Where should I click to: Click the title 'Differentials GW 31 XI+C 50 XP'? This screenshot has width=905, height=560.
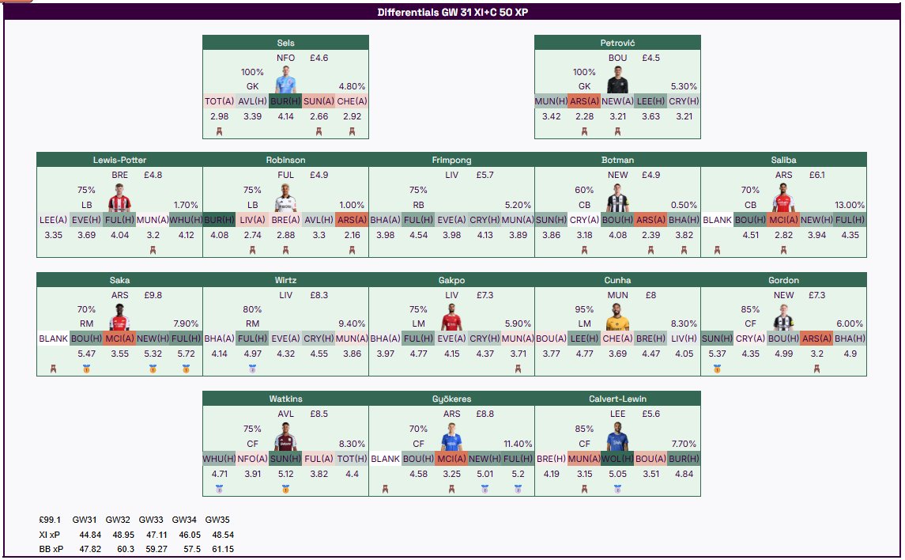pyautogui.click(x=451, y=13)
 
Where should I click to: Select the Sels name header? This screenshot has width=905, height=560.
pyautogui.click(x=285, y=43)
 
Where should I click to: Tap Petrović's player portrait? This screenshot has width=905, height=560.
pyautogui.click(x=617, y=81)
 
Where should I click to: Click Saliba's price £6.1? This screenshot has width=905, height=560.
pyautogui.click(x=811, y=175)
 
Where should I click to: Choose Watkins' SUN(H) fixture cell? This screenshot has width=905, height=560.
pyautogui.click(x=285, y=458)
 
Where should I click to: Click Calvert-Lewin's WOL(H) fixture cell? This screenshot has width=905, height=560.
pyautogui.click(x=617, y=458)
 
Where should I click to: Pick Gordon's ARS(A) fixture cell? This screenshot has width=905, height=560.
pyautogui.click(x=816, y=339)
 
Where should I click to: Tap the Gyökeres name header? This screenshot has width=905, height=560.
pyautogui.click(x=451, y=399)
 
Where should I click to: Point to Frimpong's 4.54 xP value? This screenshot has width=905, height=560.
pyautogui.click(x=418, y=235)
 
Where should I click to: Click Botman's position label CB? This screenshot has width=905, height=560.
pyautogui.click(x=584, y=205)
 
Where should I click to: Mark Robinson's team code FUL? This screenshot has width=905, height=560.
pyautogui.click(x=285, y=175)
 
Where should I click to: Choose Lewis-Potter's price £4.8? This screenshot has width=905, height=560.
pyautogui.click(x=153, y=175)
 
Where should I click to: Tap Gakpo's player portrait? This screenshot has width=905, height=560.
pyautogui.click(x=451, y=319)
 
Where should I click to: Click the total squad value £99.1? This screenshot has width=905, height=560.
pyautogui.click(x=50, y=520)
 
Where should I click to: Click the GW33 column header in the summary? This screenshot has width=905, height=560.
pyautogui.click(x=151, y=520)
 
